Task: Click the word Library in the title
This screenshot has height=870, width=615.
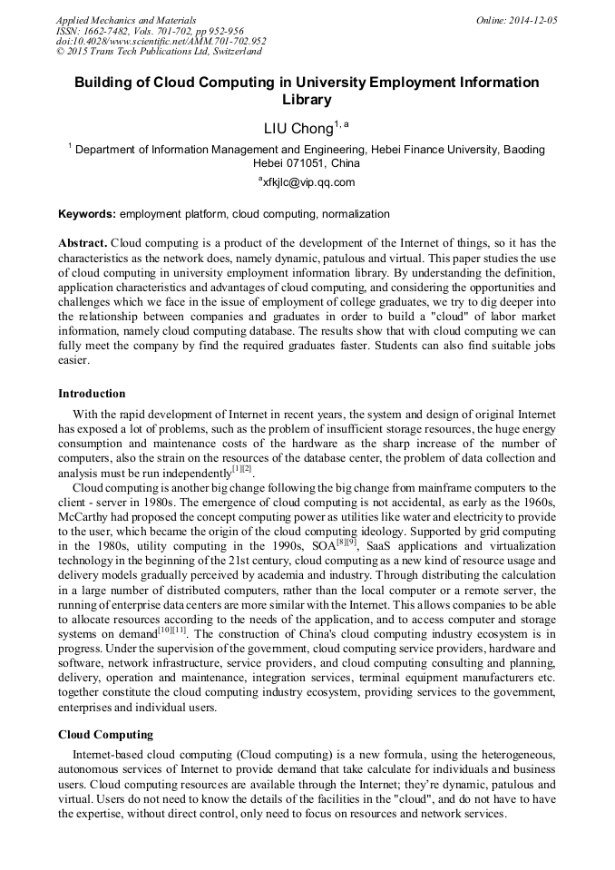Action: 307,100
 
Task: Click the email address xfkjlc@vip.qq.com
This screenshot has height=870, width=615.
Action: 308,181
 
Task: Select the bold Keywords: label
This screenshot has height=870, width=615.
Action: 87,214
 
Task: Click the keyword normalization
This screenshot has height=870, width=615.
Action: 354,214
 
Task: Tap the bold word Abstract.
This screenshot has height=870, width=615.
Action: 83,243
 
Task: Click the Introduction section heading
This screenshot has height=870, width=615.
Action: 92,394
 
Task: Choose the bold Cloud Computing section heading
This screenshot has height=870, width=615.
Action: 105,734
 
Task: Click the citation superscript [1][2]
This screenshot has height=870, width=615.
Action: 242,469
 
